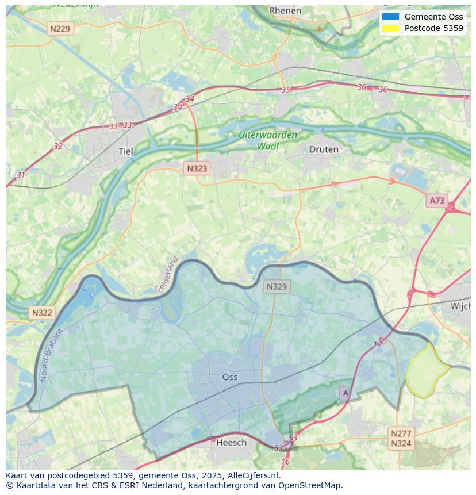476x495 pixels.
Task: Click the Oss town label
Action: [230, 377]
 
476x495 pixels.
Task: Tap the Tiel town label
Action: [125, 151]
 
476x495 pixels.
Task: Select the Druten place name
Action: [324, 149]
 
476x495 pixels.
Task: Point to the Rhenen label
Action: [285, 10]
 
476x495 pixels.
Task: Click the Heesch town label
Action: [231, 442]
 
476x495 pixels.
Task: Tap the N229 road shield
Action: [60, 28]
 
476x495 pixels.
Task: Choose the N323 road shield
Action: [197, 168]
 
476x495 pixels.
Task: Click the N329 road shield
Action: [277, 286]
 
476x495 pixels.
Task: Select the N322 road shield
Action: [42, 313]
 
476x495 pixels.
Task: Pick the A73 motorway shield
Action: [437, 200]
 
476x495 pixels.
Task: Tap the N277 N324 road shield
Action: [401, 438]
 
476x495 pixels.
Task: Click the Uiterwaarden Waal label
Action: [268, 140]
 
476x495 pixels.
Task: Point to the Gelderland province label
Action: [167, 274]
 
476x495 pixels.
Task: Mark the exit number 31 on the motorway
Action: [21, 175]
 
